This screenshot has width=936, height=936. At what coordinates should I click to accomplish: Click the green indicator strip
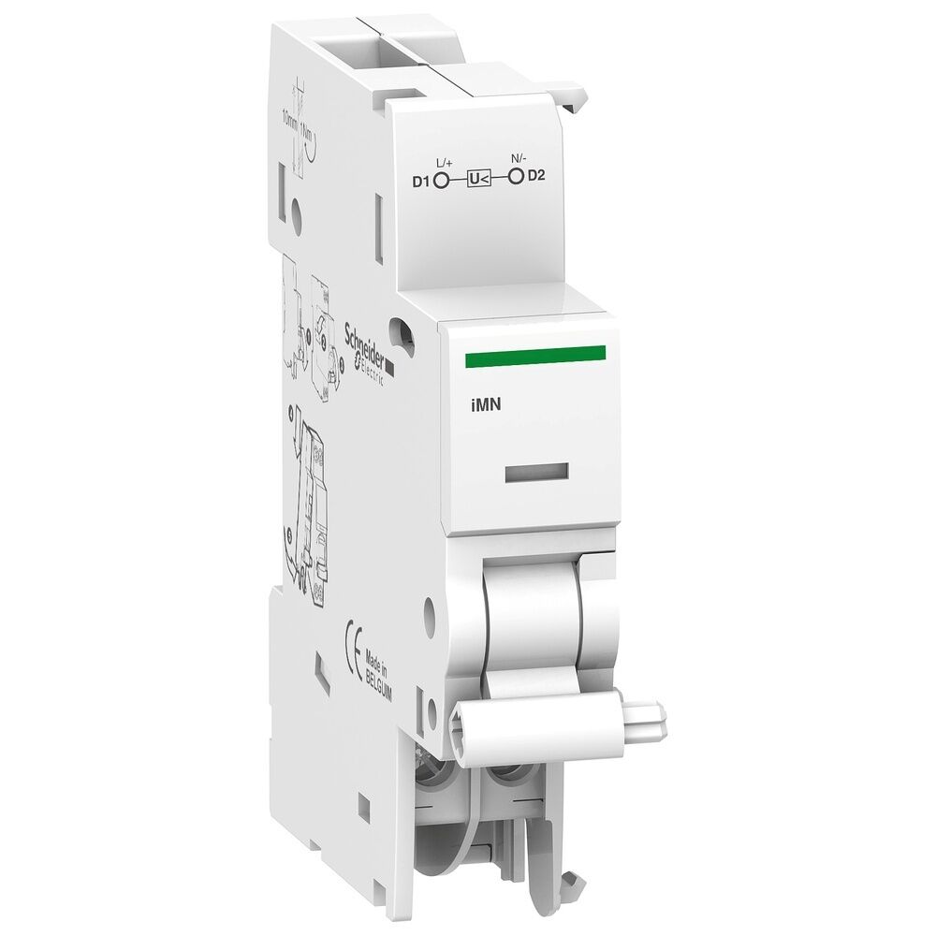click(534, 353)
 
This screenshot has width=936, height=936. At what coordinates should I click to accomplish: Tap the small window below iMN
click(536, 473)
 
